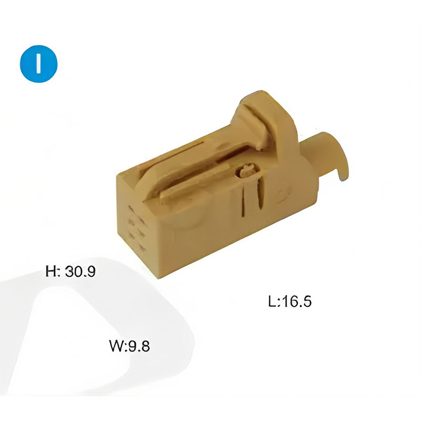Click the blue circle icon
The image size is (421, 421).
point(38,64)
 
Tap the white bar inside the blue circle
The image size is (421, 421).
point(38,64)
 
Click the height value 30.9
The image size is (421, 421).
point(81,272)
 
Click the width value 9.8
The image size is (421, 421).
point(139,346)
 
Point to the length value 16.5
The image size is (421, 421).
point(297,302)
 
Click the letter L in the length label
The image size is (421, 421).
point(273,302)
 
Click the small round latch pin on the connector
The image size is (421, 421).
point(247,171)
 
